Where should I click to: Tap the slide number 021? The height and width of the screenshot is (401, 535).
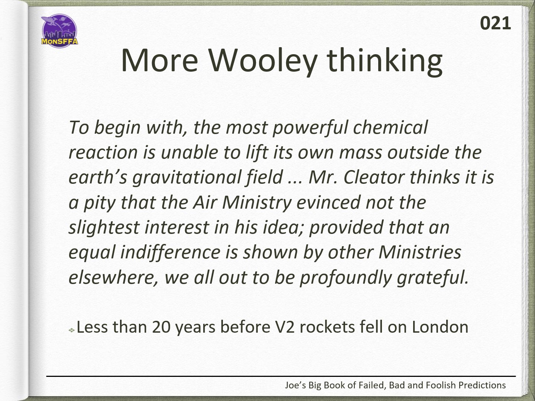[x=495, y=23]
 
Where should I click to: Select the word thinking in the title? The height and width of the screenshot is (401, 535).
[x=385, y=62]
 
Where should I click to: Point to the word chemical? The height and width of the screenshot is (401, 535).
[x=390, y=127]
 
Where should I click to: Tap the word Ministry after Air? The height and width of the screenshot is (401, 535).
[x=257, y=203]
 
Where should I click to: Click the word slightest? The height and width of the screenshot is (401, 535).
[x=104, y=228]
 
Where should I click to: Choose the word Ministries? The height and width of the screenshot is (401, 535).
[x=420, y=252]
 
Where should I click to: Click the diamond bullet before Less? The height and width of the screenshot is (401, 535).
[x=71, y=330]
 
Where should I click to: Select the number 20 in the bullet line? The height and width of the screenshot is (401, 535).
[x=161, y=327]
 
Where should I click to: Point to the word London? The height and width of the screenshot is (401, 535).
[x=440, y=327]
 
